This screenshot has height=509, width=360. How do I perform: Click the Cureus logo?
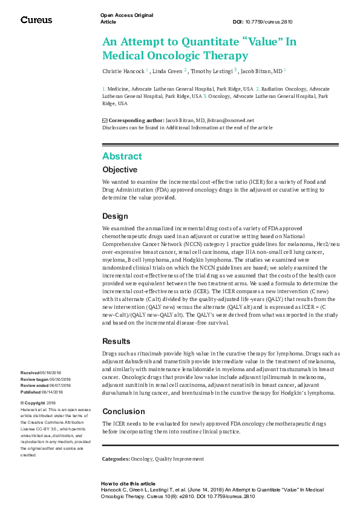tap(36, 20)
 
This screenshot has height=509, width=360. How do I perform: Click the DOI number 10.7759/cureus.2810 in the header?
tap(270, 22)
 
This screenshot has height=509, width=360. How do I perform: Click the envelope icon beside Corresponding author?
tap(105, 120)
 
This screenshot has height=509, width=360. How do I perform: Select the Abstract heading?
tap(122, 156)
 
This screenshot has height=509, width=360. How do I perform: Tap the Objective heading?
tap(120, 170)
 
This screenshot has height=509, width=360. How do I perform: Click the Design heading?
tap(115, 216)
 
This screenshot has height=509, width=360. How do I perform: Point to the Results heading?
tap(116, 342)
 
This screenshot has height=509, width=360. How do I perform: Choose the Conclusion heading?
tap(123, 411)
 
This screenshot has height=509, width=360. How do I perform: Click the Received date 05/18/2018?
tap(50, 373)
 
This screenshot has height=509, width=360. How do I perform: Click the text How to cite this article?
tap(128, 484)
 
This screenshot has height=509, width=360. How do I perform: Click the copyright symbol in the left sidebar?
tap(22, 403)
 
